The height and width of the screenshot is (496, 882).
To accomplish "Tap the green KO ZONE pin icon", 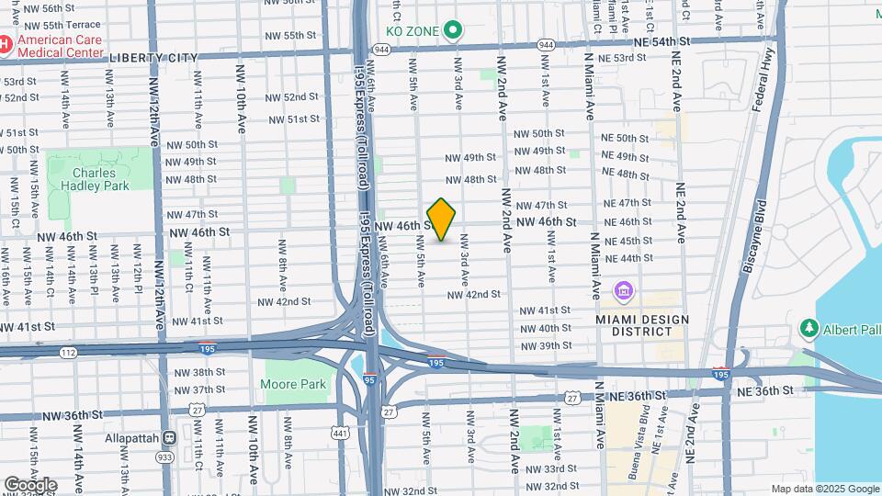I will (453, 31).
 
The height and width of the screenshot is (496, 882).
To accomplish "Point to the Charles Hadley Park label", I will (95, 178).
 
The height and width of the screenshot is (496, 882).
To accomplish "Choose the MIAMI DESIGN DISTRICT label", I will (642, 325).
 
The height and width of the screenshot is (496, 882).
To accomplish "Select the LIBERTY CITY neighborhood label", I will (153, 57).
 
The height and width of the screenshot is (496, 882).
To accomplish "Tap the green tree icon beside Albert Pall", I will (809, 328).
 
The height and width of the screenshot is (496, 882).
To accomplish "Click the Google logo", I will (30, 484).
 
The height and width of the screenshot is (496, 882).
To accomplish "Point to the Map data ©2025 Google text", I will (824, 489).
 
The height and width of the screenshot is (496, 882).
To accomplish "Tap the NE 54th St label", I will (661, 42).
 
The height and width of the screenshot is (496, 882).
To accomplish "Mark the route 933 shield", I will (165, 457).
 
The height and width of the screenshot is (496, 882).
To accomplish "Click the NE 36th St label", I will (765, 390).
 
